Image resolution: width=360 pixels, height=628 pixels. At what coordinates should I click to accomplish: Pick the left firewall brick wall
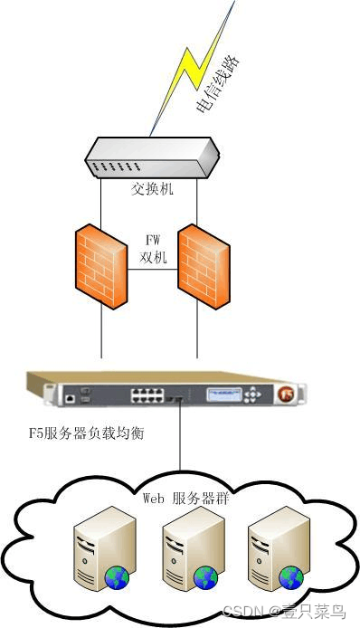pyautogui.click(x=100, y=266)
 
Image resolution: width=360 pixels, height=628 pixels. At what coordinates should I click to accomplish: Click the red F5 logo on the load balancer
pyautogui.click(x=285, y=395)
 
